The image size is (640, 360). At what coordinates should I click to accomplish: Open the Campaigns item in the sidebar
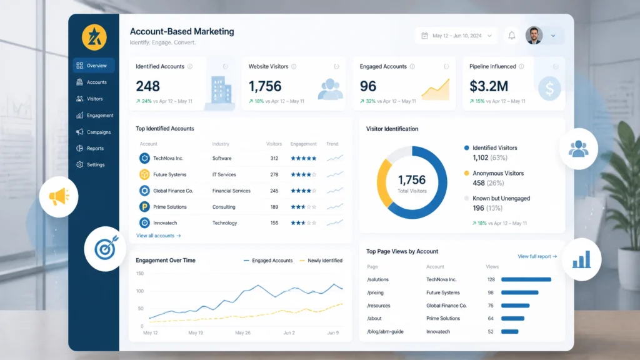click(x=94, y=132)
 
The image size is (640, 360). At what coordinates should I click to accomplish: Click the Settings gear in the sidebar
click(x=79, y=164)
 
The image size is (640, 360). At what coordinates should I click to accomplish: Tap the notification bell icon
click(x=511, y=36)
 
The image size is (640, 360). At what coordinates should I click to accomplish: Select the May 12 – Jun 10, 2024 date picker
click(x=456, y=36)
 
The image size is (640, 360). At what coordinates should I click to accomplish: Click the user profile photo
click(x=534, y=36)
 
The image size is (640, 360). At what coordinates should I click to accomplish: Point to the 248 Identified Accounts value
click(x=147, y=86)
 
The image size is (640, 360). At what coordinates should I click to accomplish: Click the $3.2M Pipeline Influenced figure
click(x=489, y=86)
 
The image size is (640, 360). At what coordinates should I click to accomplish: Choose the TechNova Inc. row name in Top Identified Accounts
click(x=168, y=158)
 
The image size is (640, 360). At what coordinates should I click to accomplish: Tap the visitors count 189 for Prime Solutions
click(x=274, y=207)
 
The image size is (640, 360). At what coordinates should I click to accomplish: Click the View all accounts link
click(x=158, y=236)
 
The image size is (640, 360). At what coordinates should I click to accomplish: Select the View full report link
click(x=537, y=256)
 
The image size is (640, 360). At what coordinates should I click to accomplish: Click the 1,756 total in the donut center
click(x=412, y=179)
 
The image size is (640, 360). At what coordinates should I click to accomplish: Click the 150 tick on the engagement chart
click(x=139, y=274)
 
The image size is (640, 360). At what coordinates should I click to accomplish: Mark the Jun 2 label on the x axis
click(x=289, y=332)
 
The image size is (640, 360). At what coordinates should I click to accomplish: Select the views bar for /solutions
click(x=526, y=279)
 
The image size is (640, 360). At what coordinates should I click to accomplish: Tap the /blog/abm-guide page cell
click(x=385, y=331)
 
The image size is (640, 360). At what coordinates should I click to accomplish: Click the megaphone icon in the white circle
click(x=59, y=197)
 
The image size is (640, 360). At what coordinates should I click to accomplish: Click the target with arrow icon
click(x=106, y=247)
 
